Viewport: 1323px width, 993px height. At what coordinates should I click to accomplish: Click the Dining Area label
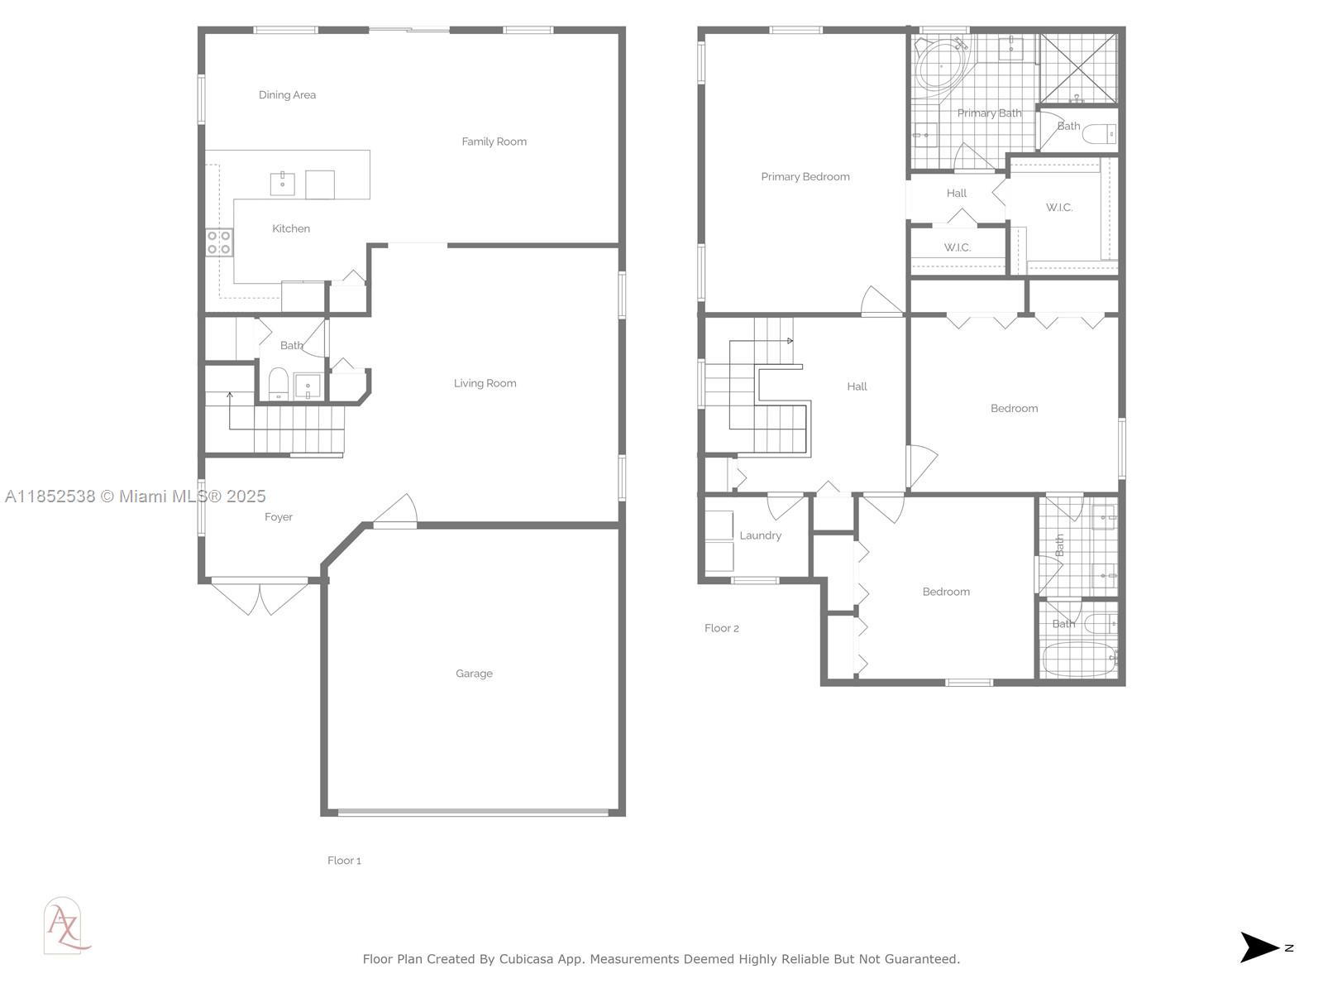(287, 94)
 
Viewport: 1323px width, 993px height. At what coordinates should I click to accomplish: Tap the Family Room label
(494, 142)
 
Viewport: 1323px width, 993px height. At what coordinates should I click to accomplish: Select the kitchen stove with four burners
(219, 242)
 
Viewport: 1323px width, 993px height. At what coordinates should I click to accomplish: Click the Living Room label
(485, 383)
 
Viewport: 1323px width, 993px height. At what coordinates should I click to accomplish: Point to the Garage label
(474, 674)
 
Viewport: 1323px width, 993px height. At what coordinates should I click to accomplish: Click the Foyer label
(279, 516)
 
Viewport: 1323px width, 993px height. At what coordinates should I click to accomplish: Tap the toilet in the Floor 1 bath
(278, 383)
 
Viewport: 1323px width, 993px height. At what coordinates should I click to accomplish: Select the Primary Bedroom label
(805, 176)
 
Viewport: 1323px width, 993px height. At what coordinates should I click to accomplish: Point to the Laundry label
(760, 535)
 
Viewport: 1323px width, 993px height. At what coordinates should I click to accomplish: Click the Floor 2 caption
(722, 628)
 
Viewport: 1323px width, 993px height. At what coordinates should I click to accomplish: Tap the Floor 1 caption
(344, 861)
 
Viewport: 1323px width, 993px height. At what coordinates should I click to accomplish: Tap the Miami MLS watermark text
(135, 496)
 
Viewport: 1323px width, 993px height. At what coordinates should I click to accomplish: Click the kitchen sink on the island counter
(282, 183)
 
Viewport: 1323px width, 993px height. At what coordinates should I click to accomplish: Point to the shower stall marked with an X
(1079, 68)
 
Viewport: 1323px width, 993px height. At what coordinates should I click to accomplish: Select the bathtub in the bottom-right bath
(1080, 660)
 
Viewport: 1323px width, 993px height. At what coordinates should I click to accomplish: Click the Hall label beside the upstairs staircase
(857, 386)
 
